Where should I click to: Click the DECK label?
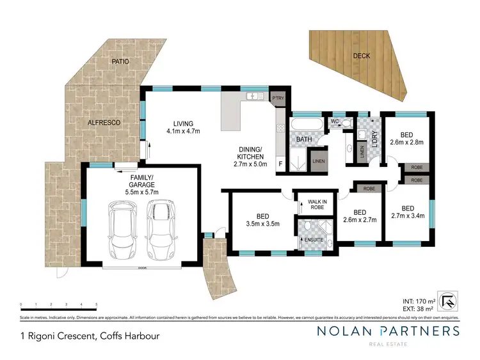362,56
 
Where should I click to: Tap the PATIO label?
120,61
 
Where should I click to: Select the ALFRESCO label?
104,121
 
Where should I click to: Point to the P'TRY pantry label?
278,98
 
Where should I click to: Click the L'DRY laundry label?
376,139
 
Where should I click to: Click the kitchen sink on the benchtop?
255,97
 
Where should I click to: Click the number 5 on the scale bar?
97,304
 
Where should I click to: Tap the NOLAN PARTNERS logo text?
388,331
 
